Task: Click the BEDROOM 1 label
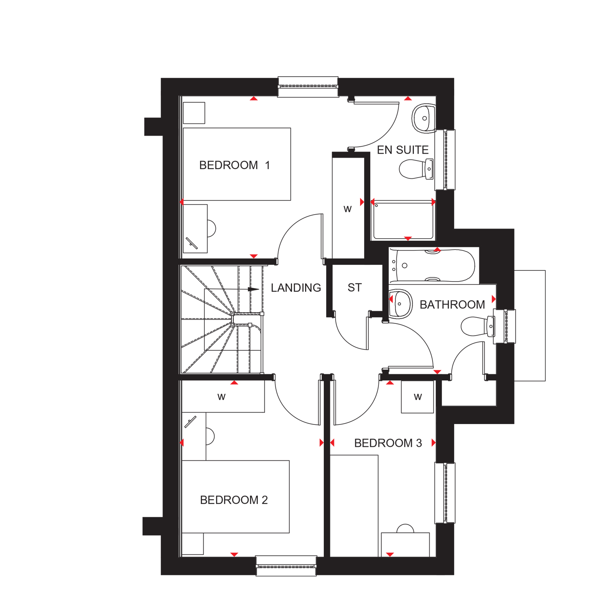pos(234,165)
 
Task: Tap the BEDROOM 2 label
pos(234,500)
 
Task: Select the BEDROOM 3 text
pos(388,443)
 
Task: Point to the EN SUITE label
pos(402,150)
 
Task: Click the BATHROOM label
pos(452,305)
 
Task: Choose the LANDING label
pos(296,288)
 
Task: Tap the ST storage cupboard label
pos(354,288)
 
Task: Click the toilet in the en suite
pos(415,169)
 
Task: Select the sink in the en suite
pos(424,119)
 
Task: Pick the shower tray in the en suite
pos(403,220)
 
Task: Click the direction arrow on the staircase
pos(253,289)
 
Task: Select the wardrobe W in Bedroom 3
pos(418,397)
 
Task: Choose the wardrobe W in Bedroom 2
pos(222,397)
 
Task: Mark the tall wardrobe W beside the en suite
pos(348,209)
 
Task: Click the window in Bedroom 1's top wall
pos(308,87)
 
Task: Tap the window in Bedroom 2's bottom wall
pos(286,566)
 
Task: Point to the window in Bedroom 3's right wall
pos(445,493)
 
